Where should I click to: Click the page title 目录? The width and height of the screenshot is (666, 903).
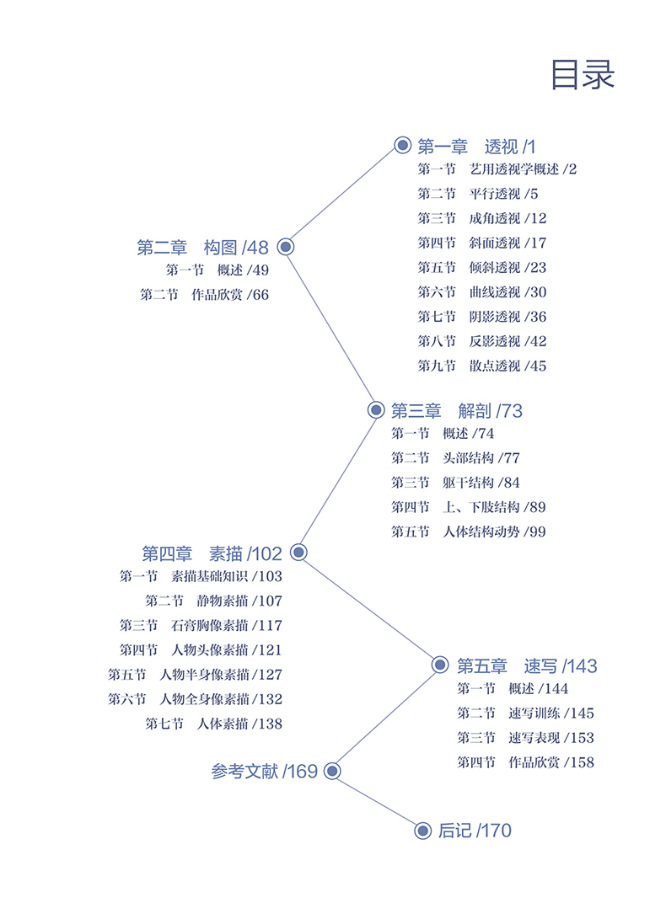pyautogui.click(x=583, y=74)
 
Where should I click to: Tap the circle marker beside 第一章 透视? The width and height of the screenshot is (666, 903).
pyautogui.click(x=402, y=145)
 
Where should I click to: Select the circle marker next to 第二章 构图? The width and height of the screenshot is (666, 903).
pyautogui.click(x=285, y=247)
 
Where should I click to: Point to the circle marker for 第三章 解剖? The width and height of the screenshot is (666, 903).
pyautogui.click(x=376, y=410)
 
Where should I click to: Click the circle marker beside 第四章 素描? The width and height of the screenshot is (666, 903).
pyautogui.click(x=298, y=553)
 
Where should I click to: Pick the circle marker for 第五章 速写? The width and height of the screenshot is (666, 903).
pyautogui.click(x=440, y=665)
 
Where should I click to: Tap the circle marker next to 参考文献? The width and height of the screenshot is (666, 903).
pyautogui.click(x=332, y=771)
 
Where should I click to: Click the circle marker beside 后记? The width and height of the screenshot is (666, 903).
pyautogui.click(x=423, y=831)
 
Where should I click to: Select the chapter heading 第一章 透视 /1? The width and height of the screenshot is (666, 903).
pyautogui.click(x=476, y=146)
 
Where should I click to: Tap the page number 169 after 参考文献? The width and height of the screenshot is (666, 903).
pyautogui.click(x=302, y=772)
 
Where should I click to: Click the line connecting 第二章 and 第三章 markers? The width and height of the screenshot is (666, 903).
pyautogui.click(x=330, y=329)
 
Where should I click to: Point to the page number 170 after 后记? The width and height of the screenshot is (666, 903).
pyautogui.click(x=496, y=831)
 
